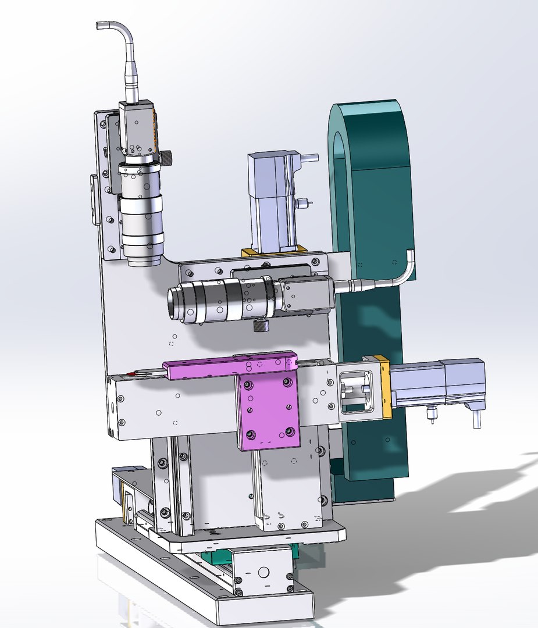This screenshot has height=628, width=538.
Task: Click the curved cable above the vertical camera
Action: pos(120,35)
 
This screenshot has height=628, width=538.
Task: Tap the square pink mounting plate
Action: pos(268,410)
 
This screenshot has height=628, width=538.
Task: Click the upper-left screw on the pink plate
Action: pos(250,386)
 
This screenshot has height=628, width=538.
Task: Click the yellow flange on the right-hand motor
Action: pos(384,387)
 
